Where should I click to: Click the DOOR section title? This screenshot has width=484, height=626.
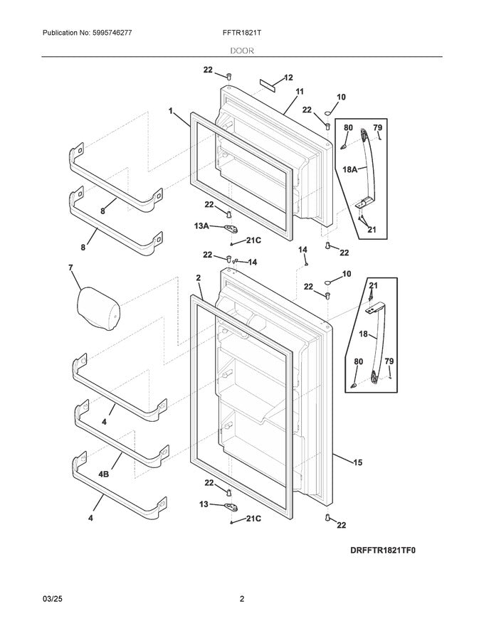(x=242, y=51)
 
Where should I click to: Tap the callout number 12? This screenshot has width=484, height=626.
(x=288, y=78)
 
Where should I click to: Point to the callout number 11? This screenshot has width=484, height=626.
(x=299, y=92)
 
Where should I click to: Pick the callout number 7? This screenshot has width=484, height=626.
(x=70, y=268)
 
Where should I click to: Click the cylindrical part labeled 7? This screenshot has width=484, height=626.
(x=98, y=306)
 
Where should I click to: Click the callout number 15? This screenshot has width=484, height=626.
(x=357, y=462)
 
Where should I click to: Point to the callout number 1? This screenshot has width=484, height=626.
(x=172, y=111)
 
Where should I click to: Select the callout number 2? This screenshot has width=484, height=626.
(x=199, y=277)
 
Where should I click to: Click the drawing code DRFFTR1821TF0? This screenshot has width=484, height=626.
(x=382, y=550)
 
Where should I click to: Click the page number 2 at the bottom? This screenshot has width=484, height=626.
(x=242, y=599)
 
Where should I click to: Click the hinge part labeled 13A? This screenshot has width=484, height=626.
(x=229, y=228)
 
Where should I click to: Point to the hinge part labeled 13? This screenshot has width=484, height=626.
(x=229, y=506)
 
